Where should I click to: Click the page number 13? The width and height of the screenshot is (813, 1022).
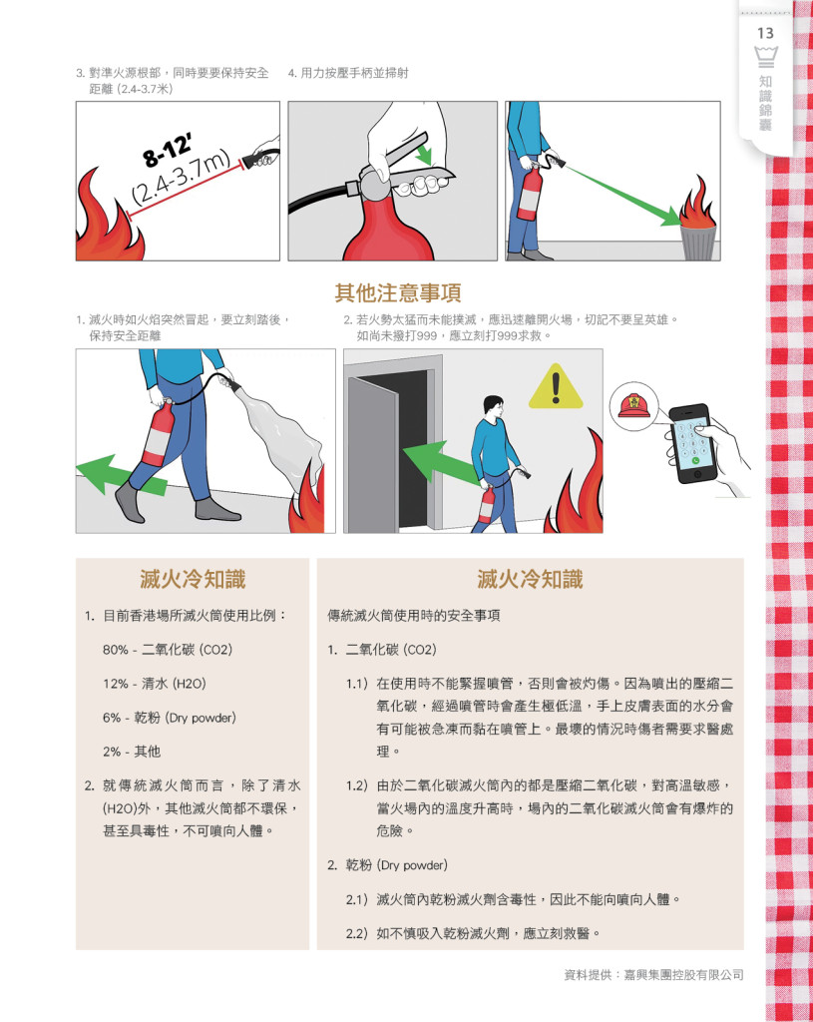tap(765, 33)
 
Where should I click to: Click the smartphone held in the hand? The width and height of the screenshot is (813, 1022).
tap(689, 443)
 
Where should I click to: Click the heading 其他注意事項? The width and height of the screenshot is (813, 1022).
tap(398, 292)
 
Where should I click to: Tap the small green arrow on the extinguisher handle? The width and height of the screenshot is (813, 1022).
tap(425, 156)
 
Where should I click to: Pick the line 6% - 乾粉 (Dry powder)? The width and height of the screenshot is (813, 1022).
tap(170, 718)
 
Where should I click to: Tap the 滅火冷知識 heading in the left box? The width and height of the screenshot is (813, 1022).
tap(193, 579)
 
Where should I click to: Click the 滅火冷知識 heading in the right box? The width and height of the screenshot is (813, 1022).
tap(530, 579)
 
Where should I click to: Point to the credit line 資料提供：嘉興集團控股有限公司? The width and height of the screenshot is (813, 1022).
tap(653, 975)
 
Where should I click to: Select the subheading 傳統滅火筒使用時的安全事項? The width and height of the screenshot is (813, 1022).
tap(414, 616)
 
